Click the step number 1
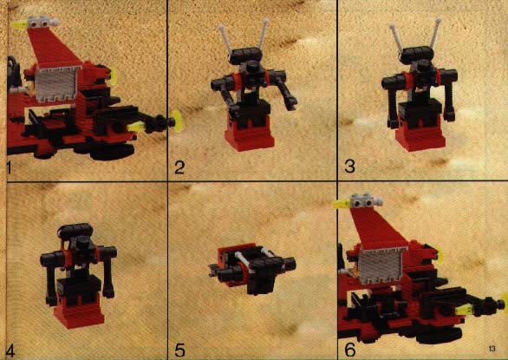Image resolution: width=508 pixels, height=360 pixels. point(9,167)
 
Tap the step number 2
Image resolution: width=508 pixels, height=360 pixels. point(179,167)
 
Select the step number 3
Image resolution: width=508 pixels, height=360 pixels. point(350,167)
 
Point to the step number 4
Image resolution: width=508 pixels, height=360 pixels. point(10,351)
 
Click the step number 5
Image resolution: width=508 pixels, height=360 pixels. point(179,350)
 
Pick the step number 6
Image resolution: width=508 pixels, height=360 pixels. point(350,350)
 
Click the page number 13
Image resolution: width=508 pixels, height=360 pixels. point(492,349)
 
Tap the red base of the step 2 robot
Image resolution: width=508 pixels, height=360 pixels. point(250,135)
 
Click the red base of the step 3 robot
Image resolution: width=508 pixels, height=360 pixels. point(420,136)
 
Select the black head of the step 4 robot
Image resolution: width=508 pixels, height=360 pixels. point(75,231)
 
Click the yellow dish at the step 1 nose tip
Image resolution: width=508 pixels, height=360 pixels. point(177,121)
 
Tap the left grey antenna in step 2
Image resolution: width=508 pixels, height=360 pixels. point(225,38)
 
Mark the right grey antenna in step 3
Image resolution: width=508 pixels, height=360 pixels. point(435,33)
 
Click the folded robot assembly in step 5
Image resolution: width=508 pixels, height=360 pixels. point(252,268)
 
